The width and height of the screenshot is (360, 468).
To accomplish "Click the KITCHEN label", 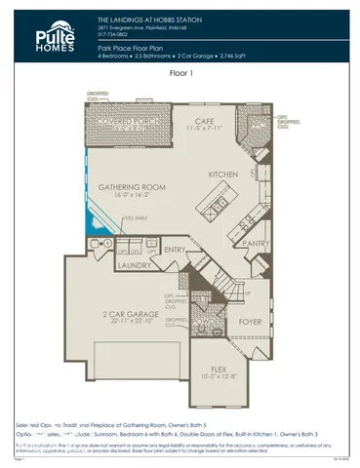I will point(223,175).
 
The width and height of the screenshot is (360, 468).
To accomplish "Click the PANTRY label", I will point(256,244).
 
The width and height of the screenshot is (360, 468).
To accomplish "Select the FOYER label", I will point(251,320).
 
